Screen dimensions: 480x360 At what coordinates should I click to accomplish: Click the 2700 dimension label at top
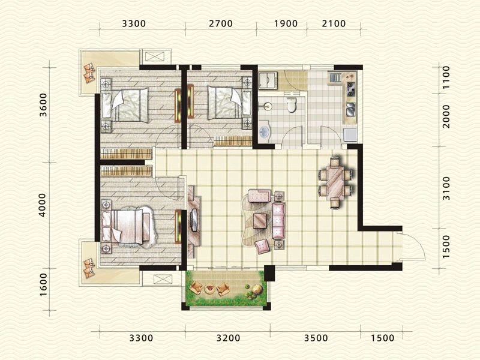click(221, 23)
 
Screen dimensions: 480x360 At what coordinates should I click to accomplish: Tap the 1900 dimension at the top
click(286, 23)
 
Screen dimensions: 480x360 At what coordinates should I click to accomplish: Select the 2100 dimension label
click(334, 23)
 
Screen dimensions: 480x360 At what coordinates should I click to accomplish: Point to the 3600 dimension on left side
click(44, 104)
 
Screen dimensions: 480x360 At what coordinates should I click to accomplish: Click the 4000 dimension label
click(42, 205)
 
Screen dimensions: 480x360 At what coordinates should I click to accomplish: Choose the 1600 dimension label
click(44, 284)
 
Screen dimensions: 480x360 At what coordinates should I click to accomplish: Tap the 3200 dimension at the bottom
click(229, 338)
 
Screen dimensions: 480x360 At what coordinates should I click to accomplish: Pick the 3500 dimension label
click(316, 338)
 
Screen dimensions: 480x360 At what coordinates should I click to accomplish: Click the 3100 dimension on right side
click(446, 188)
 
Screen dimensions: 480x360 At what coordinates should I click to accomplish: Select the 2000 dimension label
click(446, 116)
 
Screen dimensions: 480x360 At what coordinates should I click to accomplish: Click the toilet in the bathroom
click(290, 106)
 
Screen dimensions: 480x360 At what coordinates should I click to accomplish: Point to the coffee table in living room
click(260, 221)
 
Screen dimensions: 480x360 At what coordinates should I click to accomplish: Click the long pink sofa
click(278, 220)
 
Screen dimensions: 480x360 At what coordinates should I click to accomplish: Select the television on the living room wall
click(194, 220)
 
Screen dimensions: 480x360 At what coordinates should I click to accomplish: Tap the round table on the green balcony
click(210, 289)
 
